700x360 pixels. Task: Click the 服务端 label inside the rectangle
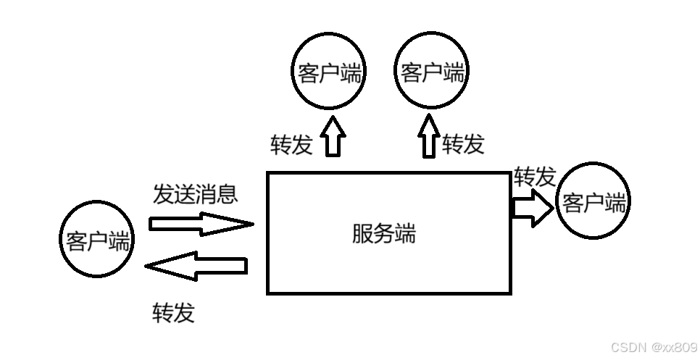[x=384, y=234]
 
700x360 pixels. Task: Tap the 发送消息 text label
[x=195, y=193]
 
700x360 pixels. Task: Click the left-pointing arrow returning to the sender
[x=196, y=267]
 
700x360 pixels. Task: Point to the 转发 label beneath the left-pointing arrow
[x=173, y=312]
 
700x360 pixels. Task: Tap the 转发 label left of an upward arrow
[x=291, y=145]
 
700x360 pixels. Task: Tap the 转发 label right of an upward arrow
[x=463, y=144]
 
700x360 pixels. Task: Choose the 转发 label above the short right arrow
[x=535, y=177]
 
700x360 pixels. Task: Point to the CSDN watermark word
[x=628, y=347]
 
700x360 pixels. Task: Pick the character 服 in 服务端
[x=362, y=234]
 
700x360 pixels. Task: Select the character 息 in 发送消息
[x=227, y=193]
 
